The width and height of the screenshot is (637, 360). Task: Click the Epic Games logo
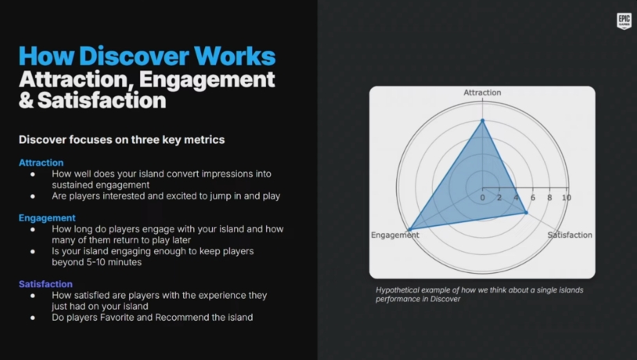point(624,21)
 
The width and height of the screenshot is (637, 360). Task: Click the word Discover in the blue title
point(134,56)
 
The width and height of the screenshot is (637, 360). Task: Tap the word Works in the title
point(235,56)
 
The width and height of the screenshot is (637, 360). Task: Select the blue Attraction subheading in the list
point(41,163)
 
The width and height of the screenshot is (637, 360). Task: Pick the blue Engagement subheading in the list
point(47,218)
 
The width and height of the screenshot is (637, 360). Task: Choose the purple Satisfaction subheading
point(45,284)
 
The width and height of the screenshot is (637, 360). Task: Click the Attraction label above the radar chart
point(482,92)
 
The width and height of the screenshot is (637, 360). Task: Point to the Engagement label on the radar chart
point(395,236)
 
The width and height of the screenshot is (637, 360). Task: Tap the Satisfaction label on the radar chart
point(570,235)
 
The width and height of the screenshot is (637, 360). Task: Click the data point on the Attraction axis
point(483,121)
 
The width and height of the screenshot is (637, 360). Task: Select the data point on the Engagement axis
point(410,230)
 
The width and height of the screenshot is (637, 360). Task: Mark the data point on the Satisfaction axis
point(526,213)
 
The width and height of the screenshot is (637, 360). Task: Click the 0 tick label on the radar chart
point(482,198)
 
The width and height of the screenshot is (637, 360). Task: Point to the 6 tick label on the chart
point(533,198)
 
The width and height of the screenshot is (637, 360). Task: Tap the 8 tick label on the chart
point(549,198)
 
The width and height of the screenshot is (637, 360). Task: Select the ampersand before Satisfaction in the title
point(26,100)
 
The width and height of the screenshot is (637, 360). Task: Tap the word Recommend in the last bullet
point(178,317)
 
